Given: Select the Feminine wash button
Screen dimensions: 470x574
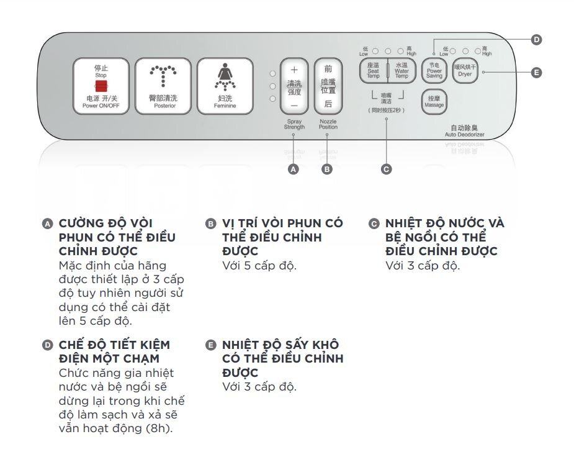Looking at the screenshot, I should (225, 86).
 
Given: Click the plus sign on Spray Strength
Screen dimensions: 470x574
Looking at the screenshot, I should (294, 70).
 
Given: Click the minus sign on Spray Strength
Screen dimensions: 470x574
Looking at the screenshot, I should (294, 105).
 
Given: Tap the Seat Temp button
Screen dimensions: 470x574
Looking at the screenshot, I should (373, 71).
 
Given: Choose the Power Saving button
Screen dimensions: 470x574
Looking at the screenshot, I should (434, 71).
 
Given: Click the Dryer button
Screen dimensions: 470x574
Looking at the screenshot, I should (464, 71).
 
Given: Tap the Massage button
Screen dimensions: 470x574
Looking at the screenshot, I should (434, 102).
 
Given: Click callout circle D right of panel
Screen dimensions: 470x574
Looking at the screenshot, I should (537, 40).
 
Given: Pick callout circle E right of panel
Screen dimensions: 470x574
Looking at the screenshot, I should (537, 73).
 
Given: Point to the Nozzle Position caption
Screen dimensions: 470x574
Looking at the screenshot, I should (328, 124).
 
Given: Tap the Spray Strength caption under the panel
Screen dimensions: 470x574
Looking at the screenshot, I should (294, 124).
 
